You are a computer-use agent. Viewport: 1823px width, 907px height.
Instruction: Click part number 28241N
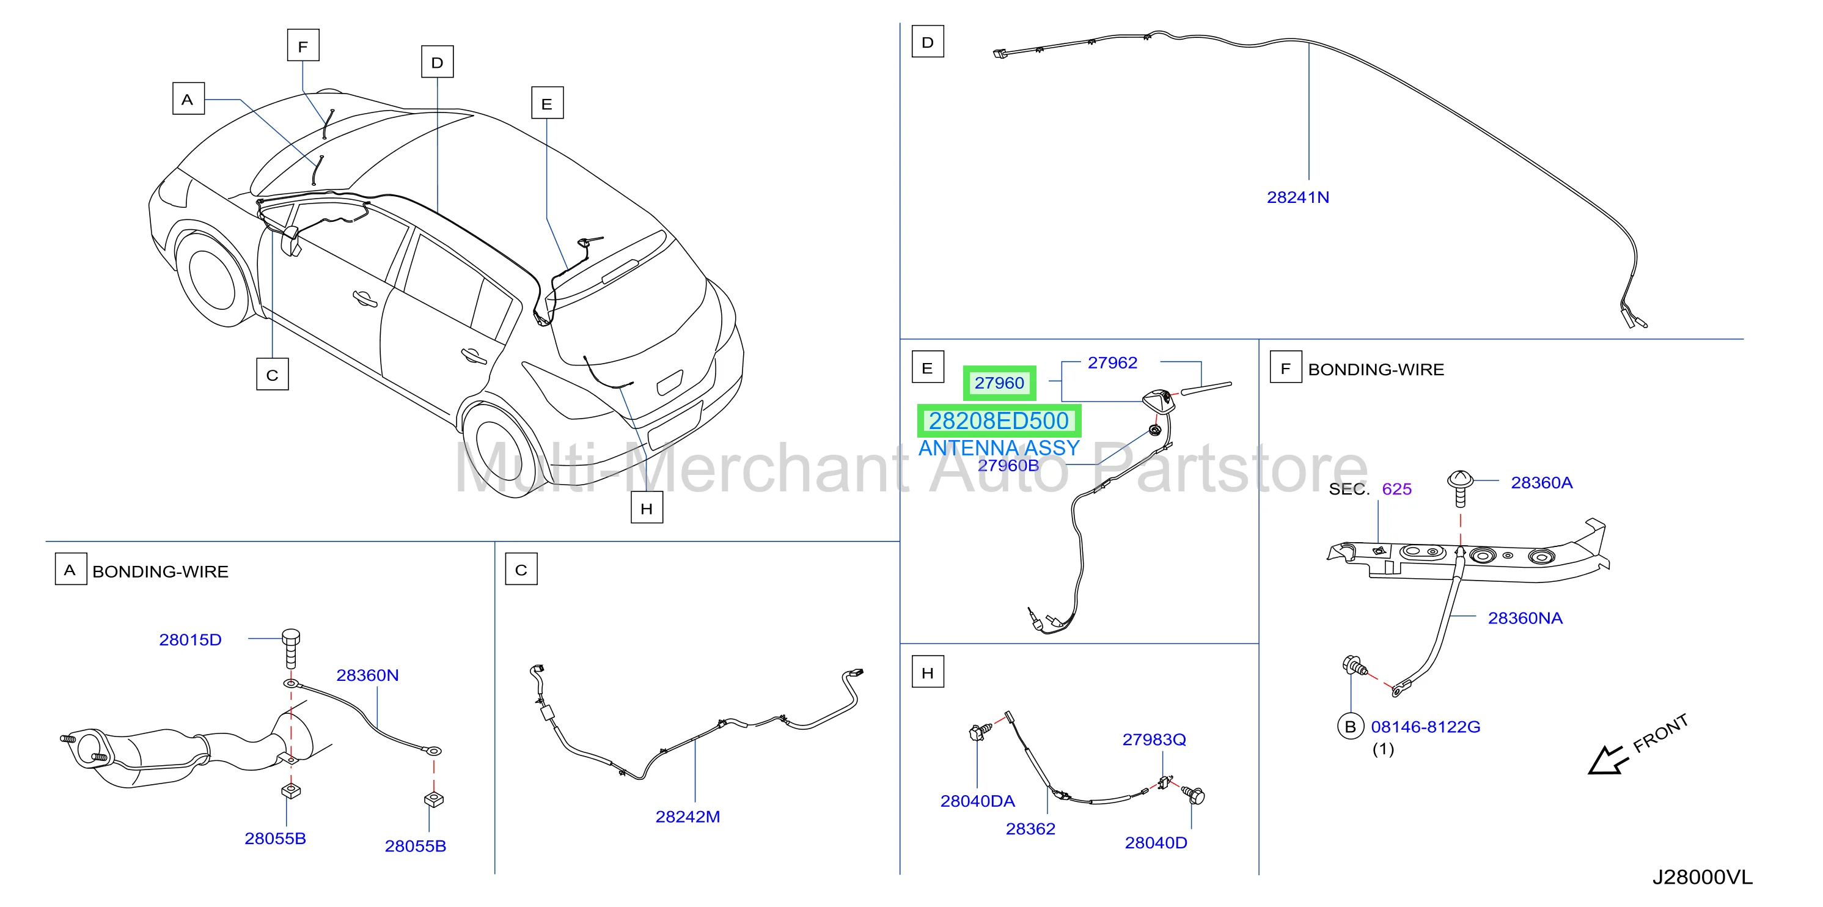1298,197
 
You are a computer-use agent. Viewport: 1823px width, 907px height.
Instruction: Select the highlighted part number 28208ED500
999,421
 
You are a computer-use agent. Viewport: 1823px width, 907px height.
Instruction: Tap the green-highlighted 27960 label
999,383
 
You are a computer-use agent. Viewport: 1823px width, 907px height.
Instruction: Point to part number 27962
1112,363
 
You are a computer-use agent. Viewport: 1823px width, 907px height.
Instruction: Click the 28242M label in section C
688,817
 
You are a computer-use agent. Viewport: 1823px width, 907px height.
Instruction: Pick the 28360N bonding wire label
367,675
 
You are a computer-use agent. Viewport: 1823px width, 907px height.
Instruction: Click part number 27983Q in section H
1154,740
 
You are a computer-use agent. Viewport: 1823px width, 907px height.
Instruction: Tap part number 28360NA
1525,618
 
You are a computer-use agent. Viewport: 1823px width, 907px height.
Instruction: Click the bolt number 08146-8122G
1425,727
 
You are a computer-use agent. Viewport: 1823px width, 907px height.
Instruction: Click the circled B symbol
1350,727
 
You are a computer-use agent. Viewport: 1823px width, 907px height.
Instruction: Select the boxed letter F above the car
303,45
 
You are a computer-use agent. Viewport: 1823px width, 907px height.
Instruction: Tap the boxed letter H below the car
647,508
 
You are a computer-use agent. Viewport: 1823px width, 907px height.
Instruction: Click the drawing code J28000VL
1703,877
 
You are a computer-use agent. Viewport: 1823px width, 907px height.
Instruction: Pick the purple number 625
1396,489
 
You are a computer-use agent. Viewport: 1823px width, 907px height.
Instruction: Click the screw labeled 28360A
1460,488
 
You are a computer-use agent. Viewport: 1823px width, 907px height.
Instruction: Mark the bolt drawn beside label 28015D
291,648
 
